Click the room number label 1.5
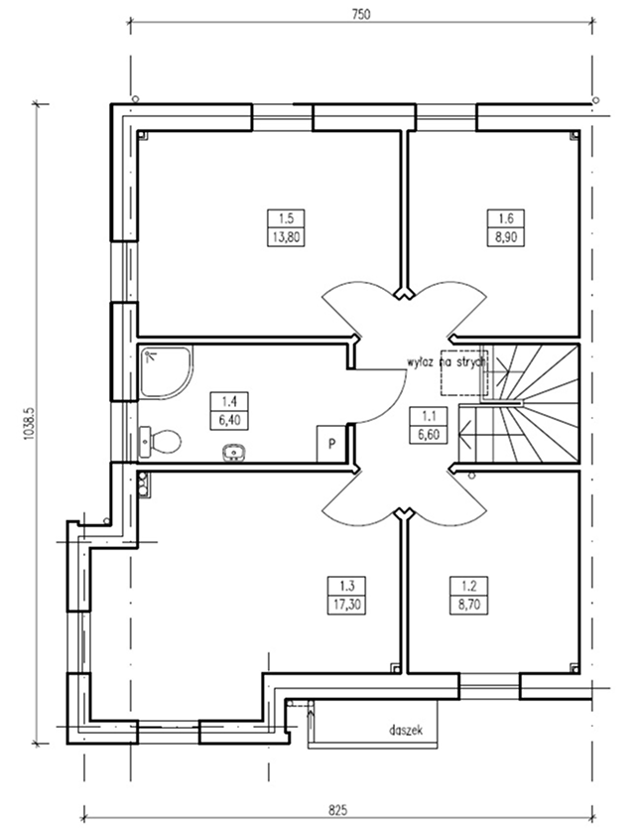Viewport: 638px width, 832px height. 287,218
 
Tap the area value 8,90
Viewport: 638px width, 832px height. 505,236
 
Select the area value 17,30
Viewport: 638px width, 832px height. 347,605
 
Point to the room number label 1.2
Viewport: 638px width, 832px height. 468,586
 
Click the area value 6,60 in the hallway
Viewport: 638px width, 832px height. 429,434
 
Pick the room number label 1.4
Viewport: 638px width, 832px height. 229,401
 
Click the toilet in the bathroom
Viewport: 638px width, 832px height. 160,441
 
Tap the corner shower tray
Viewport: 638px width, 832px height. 167,371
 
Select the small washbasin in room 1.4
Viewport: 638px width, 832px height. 233,453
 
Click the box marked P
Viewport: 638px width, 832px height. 331,444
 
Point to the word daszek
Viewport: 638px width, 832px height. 406,730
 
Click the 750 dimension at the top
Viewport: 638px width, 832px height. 360,14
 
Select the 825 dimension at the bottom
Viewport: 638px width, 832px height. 337,810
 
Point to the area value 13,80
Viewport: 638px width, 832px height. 287,236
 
